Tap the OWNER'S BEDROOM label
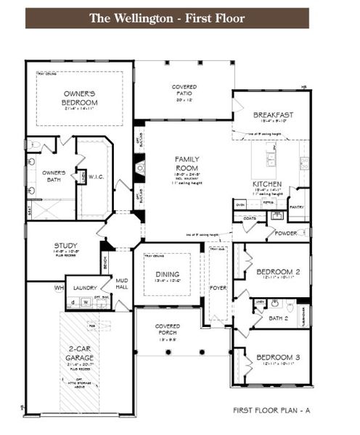pos(79,99)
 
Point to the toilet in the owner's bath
pos(33,145)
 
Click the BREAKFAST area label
pos(273,115)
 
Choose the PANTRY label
pos(298,207)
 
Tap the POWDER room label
pos(285,233)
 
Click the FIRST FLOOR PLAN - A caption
pos(271,410)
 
